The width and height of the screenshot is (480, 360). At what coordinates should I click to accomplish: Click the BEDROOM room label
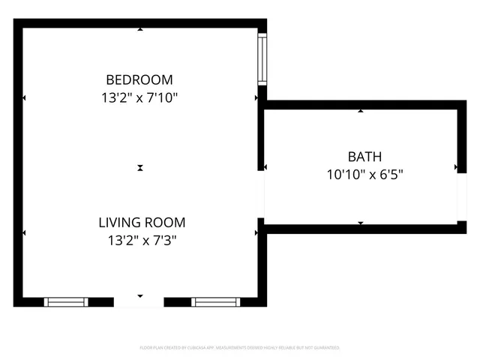(x=139, y=79)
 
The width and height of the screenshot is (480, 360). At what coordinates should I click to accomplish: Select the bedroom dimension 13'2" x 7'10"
(x=139, y=97)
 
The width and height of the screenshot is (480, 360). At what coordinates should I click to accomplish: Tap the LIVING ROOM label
(x=142, y=223)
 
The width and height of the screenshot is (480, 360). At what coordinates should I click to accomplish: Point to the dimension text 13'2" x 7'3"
(x=142, y=241)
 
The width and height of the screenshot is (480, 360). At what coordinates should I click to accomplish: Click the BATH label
(x=364, y=157)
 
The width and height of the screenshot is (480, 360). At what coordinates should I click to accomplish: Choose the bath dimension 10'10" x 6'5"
(x=364, y=175)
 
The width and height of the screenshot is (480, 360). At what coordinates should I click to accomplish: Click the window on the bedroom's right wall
(x=262, y=59)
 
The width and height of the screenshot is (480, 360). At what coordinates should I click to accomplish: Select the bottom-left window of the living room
(x=66, y=302)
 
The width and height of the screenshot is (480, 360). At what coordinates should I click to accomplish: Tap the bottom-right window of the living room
(x=214, y=302)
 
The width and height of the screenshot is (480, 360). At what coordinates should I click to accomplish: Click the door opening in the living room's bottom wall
(x=139, y=301)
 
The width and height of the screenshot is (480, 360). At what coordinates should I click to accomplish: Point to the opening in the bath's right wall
(x=461, y=197)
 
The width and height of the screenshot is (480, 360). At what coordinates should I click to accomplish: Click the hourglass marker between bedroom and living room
(x=140, y=168)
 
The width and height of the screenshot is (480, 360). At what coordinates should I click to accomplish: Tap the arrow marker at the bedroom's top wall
(x=140, y=30)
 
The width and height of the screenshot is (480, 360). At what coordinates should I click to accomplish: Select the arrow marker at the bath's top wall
(x=361, y=111)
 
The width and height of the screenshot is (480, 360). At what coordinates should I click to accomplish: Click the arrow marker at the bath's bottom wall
(x=361, y=223)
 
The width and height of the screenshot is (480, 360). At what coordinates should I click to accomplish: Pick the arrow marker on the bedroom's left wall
(x=24, y=97)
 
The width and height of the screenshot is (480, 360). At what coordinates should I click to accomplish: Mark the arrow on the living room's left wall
(x=24, y=233)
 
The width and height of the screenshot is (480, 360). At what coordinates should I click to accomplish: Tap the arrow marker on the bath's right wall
(x=455, y=166)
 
